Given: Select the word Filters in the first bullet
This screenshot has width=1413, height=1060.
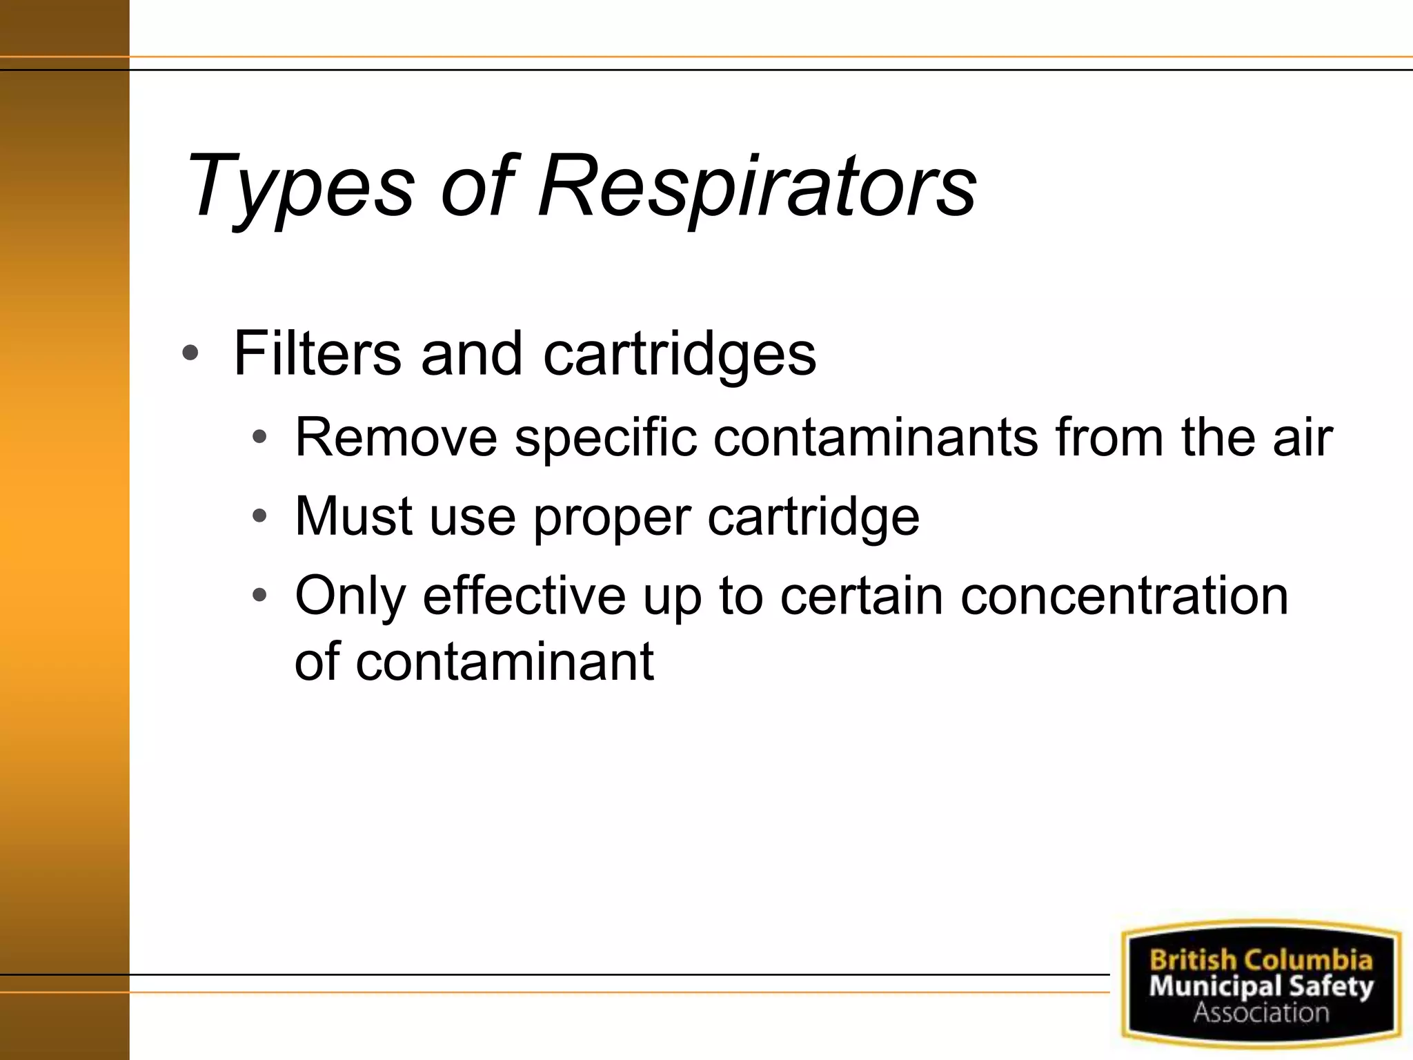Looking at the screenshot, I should tap(317, 353).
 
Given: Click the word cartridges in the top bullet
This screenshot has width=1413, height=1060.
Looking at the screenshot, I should tap(680, 355).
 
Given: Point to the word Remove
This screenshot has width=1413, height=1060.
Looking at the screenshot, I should tap(396, 438).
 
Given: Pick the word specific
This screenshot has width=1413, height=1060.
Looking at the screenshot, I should tap(606, 438).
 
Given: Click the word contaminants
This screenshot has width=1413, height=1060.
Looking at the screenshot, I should tap(876, 438).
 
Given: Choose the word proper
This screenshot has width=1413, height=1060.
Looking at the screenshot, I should tap(612, 518).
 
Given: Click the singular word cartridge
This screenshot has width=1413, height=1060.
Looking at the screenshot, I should tap(813, 518).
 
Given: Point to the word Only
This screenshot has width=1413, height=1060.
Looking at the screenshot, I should tap(350, 596).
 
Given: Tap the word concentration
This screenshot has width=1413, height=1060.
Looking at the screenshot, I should tap(1124, 596).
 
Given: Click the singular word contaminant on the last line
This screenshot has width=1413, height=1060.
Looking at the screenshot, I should tap(504, 661).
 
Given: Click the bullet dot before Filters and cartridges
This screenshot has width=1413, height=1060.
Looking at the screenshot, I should tap(190, 354).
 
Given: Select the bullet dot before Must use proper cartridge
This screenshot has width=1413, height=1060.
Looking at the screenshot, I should tap(259, 516).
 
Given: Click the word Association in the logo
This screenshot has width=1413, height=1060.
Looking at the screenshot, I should tap(1261, 1012).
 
